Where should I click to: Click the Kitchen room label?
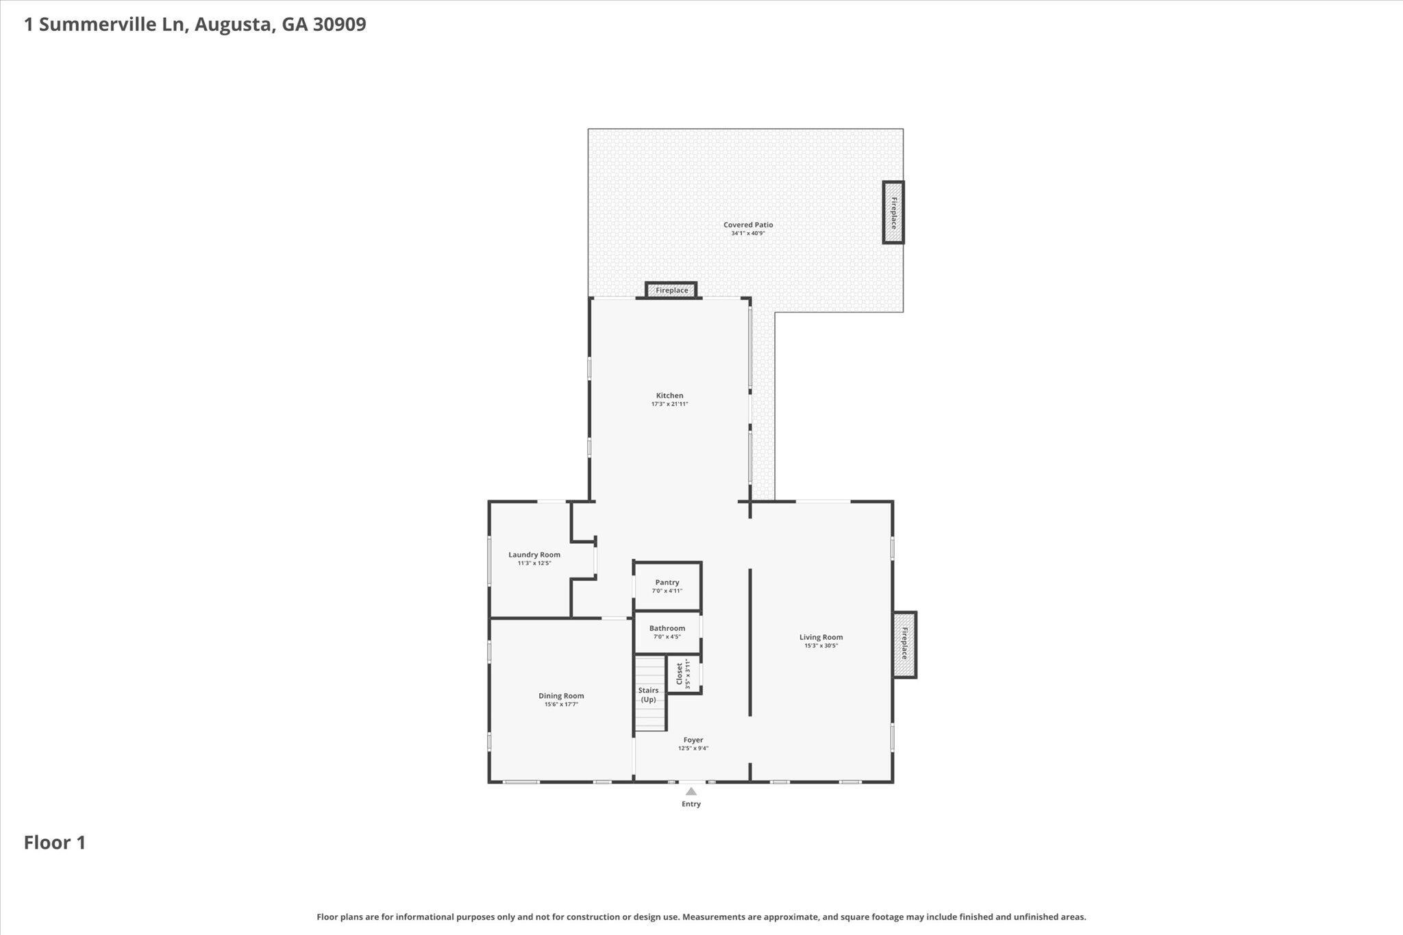click(x=669, y=395)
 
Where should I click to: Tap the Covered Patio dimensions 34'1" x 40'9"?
click(x=747, y=234)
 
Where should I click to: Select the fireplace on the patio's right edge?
click(x=893, y=212)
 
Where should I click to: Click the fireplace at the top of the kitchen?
click(x=671, y=290)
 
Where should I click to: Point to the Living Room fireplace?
click(x=904, y=644)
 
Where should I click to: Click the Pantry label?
click(x=667, y=582)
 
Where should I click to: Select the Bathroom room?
click(x=667, y=632)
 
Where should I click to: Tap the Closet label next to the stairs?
click(x=680, y=673)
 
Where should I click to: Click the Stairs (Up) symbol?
click(x=649, y=695)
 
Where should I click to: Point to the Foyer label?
click(x=693, y=740)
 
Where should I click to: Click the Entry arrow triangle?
click(x=691, y=792)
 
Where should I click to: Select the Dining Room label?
click(x=561, y=696)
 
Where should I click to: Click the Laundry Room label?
click(x=534, y=555)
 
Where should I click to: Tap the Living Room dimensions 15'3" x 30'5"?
click(x=821, y=646)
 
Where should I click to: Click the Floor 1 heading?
click(x=55, y=843)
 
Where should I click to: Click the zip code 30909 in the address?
click(x=339, y=25)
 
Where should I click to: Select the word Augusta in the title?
click(x=233, y=25)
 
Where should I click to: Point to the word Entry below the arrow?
click(x=691, y=804)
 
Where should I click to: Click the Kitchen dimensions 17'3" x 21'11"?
click(x=669, y=404)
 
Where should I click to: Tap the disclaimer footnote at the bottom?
click(x=701, y=917)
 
